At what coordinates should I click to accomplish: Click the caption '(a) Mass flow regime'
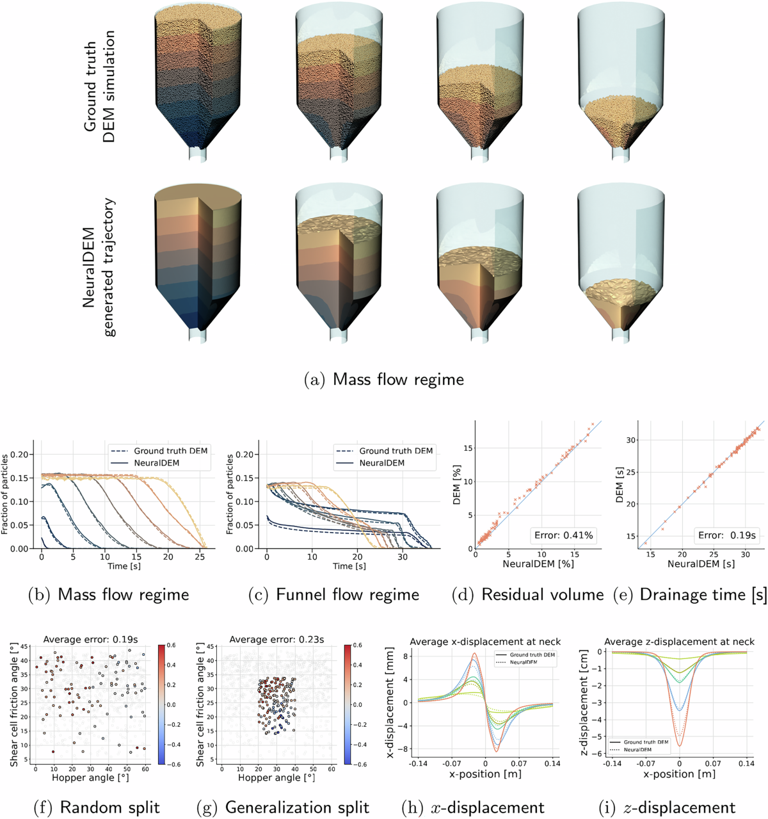click(x=384, y=379)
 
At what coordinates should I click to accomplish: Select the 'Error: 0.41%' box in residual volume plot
click(x=563, y=535)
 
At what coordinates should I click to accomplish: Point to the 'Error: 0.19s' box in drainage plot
click(x=726, y=535)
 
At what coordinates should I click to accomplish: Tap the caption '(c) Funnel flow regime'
click(x=333, y=594)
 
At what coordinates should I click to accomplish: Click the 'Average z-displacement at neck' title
click(x=679, y=641)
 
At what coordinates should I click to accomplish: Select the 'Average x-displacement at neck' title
click(x=484, y=641)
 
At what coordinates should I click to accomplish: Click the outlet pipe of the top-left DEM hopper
click(x=198, y=154)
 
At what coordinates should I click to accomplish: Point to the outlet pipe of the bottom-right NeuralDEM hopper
click(x=620, y=335)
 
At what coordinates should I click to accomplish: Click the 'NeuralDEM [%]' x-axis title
click(x=538, y=564)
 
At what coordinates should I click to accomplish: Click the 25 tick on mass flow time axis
click(x=200, y=557)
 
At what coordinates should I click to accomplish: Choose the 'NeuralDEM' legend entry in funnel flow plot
click(x=381, y=462)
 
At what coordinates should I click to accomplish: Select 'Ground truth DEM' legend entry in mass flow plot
click(x=170, y=451)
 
